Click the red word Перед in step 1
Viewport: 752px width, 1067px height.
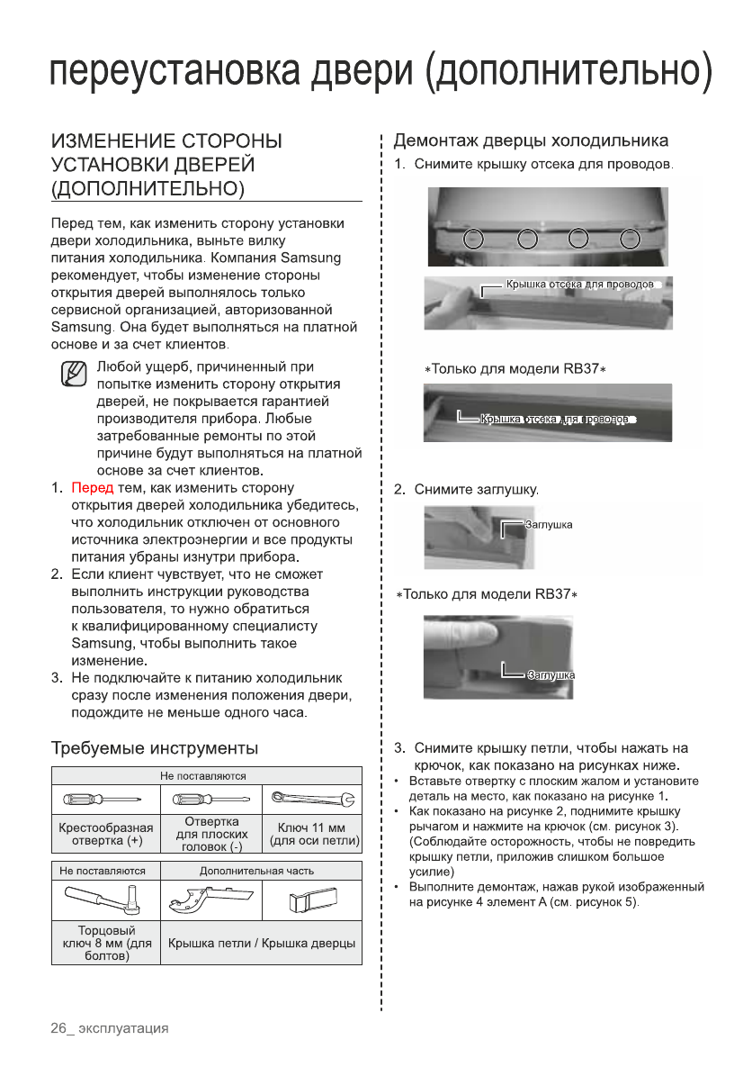tap(93, 488)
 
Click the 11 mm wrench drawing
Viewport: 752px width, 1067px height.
tap(311, 798)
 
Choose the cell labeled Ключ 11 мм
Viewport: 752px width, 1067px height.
tap(311, 835)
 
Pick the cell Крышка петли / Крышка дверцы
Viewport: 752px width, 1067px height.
tap(261, 943)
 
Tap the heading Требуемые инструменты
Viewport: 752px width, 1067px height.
tap(155, 748)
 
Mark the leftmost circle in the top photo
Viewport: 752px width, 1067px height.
tap(476, 239)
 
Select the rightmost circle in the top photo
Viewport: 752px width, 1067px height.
tap(631, 239)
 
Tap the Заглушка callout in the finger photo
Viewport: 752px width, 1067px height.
tap(551, 674)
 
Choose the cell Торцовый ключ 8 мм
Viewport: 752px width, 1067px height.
tap(104, 943)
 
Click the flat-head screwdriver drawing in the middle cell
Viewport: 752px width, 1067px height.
tap(210, 800)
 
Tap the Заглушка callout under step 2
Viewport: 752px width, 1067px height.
tap(548, 525)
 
